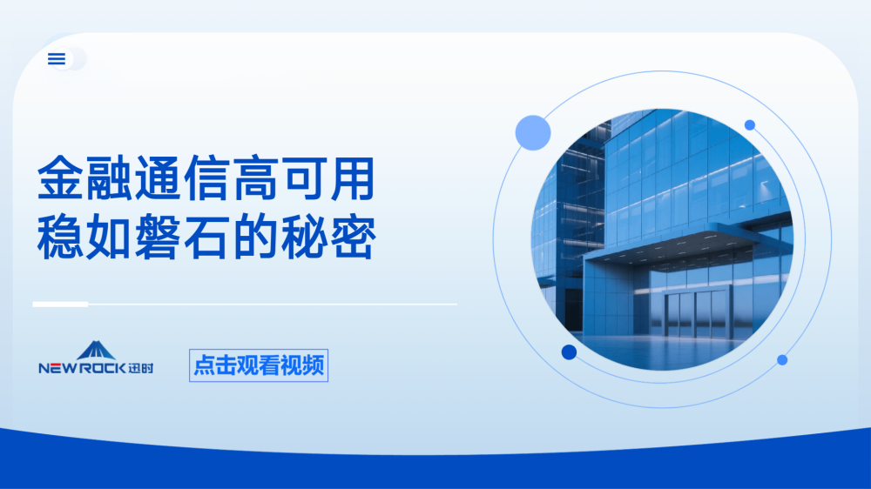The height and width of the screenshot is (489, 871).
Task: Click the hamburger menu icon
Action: click(x=57, y=59)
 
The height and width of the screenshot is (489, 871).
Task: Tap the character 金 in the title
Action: click(x=61, y=178)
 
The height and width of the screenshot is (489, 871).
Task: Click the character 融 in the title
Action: click(x=109, y=178)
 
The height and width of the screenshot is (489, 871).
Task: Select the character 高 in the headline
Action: click(x=255, y=178)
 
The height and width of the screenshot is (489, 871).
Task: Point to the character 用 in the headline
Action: click(x=352, y=178)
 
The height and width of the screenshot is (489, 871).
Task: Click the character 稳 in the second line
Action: click(x=61, y=237)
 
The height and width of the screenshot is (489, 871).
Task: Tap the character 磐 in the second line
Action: click(x=158, y=237)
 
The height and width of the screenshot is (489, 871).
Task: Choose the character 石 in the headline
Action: click(x=206, y=237)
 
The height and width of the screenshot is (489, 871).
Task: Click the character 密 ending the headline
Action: click(x=352, y=237)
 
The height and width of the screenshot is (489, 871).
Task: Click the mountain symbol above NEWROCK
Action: click(x=96, y=351)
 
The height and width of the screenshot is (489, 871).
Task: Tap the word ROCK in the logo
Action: click(x=101, y=368)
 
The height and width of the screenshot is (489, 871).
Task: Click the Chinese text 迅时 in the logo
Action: click(x=140, y=368)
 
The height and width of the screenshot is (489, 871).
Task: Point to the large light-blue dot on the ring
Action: click(x=533, y=132)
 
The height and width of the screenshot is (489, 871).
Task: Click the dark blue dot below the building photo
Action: click(x=569, y=352)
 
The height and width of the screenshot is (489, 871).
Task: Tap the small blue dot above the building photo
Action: click(x=750, y=125)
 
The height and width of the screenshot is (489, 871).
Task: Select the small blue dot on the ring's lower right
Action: click(x=782, y=360)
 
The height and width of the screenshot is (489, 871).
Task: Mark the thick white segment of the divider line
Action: click(x=61, y=305)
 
